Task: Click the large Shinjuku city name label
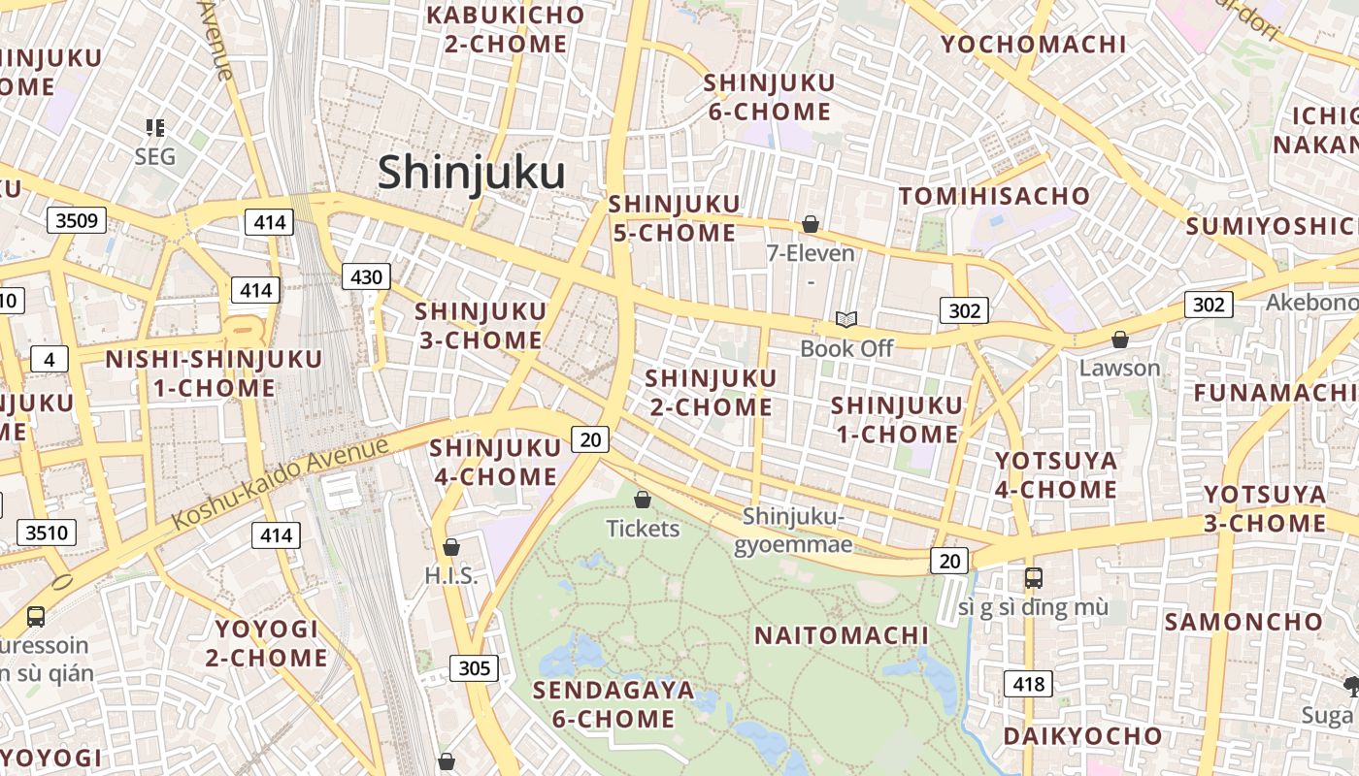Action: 471,173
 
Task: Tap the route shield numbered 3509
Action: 77,220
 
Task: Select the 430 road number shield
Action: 366,277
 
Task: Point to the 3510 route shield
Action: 47,532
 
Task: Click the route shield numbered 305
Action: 474,667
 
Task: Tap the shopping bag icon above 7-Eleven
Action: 811,225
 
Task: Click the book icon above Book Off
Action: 846,319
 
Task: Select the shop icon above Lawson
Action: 1120,339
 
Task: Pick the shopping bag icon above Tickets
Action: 642,500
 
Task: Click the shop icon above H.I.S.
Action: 450,547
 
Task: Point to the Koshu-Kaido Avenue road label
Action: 281,482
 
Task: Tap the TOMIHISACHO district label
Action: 994,196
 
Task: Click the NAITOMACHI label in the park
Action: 842,635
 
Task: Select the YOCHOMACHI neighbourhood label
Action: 1033,44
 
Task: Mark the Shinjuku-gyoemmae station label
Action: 794,530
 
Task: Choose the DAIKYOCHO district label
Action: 1082,735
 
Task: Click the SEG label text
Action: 155,156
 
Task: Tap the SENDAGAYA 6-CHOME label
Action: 613,704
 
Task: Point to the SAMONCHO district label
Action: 1243,621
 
